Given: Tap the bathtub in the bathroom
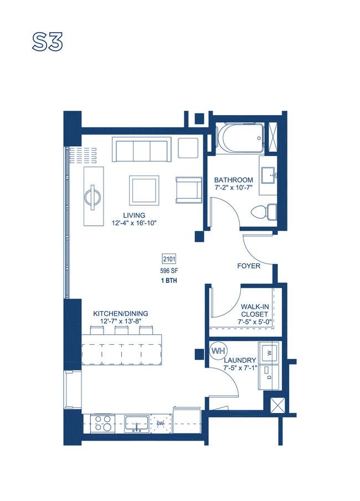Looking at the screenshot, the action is [x=241, y=138].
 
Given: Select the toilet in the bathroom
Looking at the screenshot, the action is [x=264, y=211].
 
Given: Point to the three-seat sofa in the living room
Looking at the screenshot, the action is [x=142, y=149].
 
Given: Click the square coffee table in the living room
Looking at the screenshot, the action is [x=144, y=190].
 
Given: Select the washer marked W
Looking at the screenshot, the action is [x=269, y=353].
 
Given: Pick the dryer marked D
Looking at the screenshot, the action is [x=269, y=378].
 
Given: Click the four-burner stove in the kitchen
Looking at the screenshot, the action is [x=102, y=423].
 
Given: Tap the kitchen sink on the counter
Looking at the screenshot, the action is [x=136, y=423].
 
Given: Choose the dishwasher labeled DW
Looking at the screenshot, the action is [x=161, y=423].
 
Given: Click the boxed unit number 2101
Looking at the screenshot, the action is [x=169, y=259].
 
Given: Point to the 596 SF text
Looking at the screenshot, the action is [x=169, y=271].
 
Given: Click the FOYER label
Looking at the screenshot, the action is [x=249, y=266].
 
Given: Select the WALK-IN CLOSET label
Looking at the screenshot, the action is [x=255, y=311].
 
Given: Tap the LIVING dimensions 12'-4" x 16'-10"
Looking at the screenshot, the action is [x=134, y=223].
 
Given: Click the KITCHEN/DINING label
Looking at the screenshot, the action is [x=121, y=313].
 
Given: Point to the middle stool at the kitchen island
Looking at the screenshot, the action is [x=121, y=330].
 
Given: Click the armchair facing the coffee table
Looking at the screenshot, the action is [x=189, y=190].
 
